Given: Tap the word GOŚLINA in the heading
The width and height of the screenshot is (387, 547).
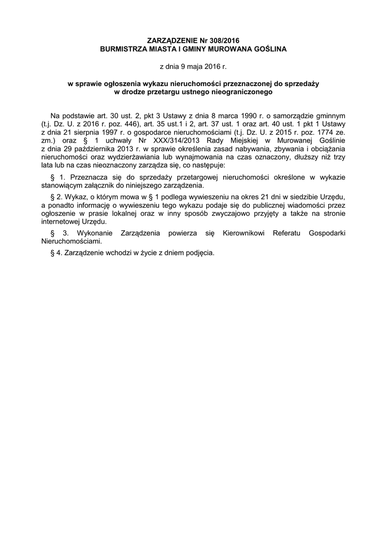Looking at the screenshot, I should [270, 49].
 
